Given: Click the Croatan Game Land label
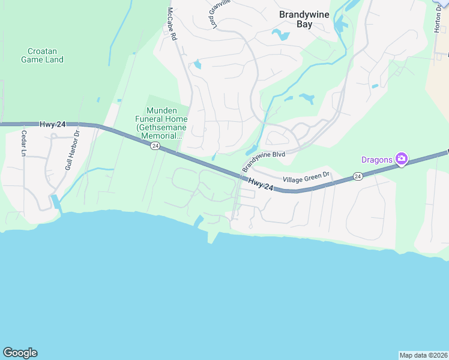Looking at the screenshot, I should (42, 55).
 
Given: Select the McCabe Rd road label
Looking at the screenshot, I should (172, 24).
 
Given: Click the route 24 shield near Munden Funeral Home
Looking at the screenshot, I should (155, 146).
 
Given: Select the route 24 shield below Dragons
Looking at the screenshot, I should (358, 176).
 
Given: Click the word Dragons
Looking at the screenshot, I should (376, 160).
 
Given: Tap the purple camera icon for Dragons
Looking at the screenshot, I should (401, 159).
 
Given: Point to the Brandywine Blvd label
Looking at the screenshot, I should (263, 161).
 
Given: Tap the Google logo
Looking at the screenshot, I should (20, 353).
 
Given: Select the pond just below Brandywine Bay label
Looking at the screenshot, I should (280, 35).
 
